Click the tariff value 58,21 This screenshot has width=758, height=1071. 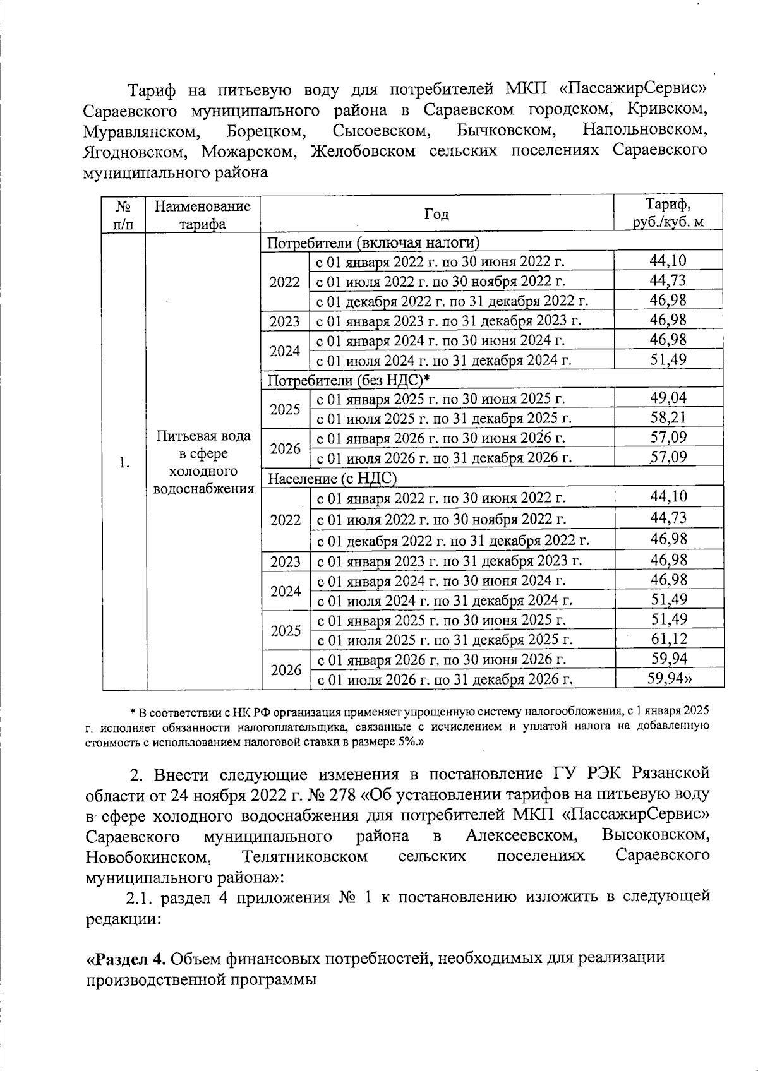[668, 418]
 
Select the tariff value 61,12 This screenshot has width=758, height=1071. [668, 639]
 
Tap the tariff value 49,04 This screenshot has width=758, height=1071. [668, 398]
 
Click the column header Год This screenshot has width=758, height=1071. [436, 215]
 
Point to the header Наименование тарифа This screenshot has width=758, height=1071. [203, 215]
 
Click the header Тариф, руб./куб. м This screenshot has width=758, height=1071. [668, 214]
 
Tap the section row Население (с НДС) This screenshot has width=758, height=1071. [333, 478]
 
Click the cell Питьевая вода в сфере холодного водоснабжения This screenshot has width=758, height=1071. [203, 462]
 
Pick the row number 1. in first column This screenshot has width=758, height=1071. [124, 463]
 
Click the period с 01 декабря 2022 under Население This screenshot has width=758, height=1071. [453, 541]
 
